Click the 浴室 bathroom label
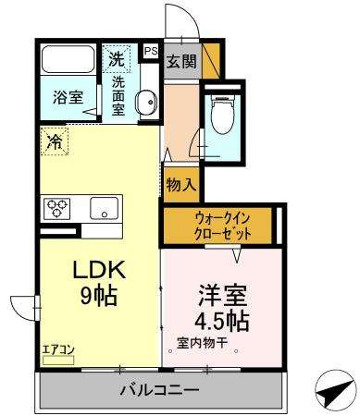[66, 96]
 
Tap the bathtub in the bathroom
[68, 62]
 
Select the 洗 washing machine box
[117, 58]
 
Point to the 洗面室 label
[118, 94]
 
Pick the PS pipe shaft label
[150, 52]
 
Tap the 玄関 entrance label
[180, 62]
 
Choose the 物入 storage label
[180, 185]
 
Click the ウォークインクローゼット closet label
[219, 225]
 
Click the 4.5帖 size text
[221, 323]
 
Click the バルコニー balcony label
[158, 391]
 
